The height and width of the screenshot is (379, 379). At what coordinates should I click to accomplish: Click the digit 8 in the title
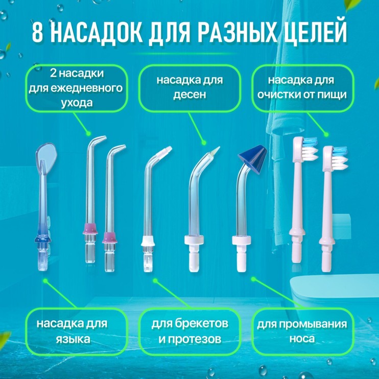38,33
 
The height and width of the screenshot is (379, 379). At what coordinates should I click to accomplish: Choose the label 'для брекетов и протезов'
189,331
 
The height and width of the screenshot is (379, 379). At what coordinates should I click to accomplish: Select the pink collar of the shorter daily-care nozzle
109,236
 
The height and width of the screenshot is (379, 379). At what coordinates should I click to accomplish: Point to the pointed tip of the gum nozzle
215,150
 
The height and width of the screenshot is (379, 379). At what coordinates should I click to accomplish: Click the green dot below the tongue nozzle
44,280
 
